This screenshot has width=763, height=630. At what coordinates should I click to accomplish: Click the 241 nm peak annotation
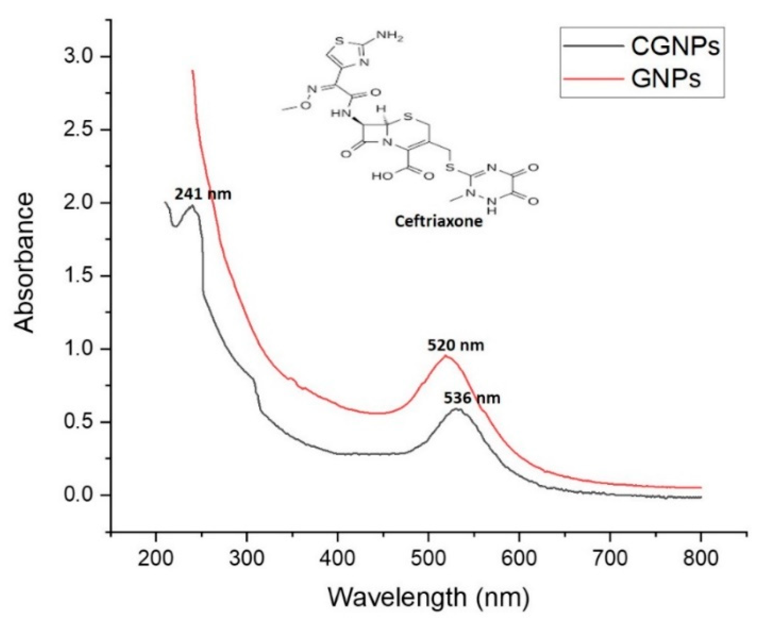click(x=203, y=194)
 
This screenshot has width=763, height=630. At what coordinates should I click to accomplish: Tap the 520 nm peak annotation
click(x=455, y=345)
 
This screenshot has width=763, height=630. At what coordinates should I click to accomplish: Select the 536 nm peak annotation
click(x=472, y=398)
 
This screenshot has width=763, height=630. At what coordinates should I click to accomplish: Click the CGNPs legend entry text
click(x=675, y=46)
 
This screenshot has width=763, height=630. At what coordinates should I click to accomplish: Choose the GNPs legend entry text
click(x=666, y=78)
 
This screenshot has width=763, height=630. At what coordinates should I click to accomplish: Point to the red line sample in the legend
click(x=594, y=79)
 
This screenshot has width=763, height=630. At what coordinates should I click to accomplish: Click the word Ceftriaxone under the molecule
click(x=438, y=221)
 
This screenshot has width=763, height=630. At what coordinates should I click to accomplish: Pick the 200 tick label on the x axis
click(x=156, y=558)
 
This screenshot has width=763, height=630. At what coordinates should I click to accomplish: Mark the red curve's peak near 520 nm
click(x=445, y=356)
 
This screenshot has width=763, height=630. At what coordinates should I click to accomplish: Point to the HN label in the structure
click(x=340, y=114)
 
